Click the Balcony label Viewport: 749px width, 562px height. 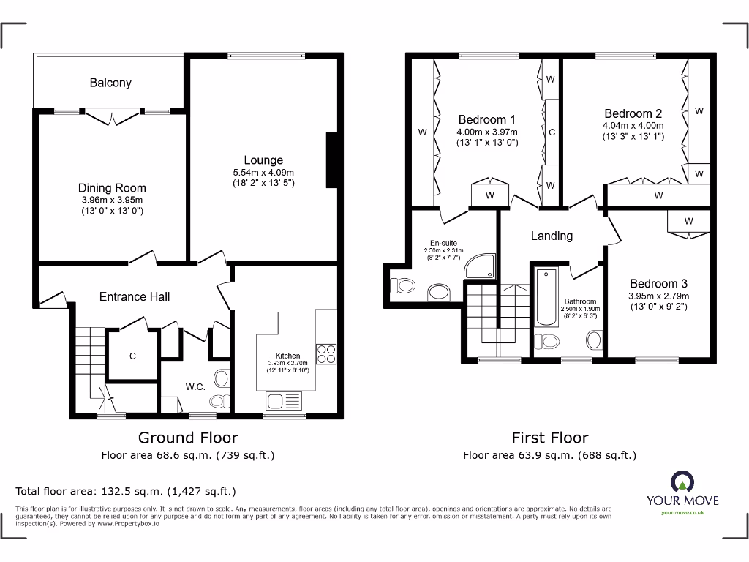coord(110,83)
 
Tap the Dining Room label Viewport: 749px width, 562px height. coord(112,188)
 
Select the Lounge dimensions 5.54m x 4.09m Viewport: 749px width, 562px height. coord(263,173)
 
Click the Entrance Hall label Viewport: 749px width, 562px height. coord(135,296)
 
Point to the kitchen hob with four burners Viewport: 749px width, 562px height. coord(325,353)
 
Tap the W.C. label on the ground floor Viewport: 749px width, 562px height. coord(195,386)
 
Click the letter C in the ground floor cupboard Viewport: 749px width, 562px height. coord(132,356)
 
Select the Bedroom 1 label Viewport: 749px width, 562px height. coord(487,120)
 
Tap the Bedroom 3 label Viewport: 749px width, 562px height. coord(659,284)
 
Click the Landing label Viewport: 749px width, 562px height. coord(552,236)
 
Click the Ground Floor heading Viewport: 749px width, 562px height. coord(188,438)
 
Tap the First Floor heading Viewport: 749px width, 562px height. coord(549,438)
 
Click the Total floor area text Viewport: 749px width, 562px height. coord(126,491)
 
